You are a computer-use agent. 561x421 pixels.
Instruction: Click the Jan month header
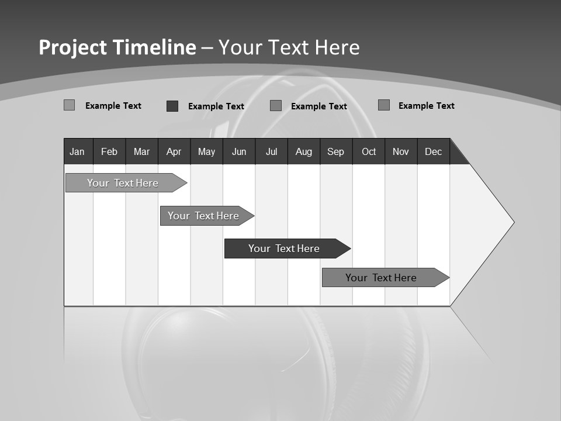(x=78, y=151)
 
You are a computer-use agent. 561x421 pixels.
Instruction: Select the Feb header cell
(x=109, y=151)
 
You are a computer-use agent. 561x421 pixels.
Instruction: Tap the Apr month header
(x=174, y=151)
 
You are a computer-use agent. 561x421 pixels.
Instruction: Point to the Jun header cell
(x=239, y=151)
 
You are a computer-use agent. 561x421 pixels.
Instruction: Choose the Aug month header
(x=304, y=151)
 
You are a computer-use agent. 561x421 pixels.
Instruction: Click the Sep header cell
(x=336, y=151)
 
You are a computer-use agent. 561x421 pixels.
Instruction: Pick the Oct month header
(x=369, y=151)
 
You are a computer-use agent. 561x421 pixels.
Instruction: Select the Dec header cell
(x=434, y=151)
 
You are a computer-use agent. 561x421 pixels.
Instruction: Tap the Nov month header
(x=401, y=151)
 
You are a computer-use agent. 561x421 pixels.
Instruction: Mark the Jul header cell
(x=271, y=151)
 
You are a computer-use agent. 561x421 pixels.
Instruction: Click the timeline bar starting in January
(x=123, y=183)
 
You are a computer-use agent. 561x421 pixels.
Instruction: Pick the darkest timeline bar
(x=285, y=249)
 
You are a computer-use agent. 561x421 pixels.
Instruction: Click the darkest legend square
(x=172, y=106)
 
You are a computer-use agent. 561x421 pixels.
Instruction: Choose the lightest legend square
(x=70, y=105)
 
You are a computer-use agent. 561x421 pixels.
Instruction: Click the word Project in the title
(x=72, y=47)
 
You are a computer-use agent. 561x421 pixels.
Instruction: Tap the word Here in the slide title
(x=337, y=47)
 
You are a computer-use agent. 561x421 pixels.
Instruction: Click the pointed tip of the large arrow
(x=512, y=222)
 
